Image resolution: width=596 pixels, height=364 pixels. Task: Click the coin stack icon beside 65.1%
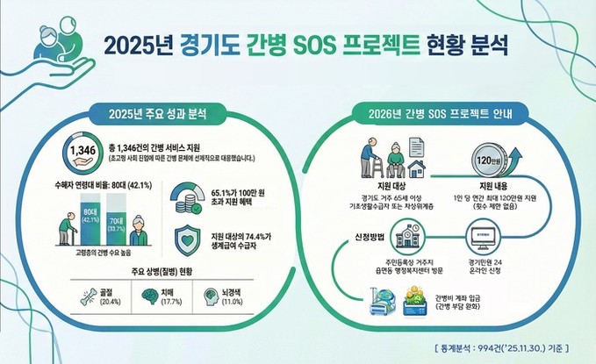point(186,196)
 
